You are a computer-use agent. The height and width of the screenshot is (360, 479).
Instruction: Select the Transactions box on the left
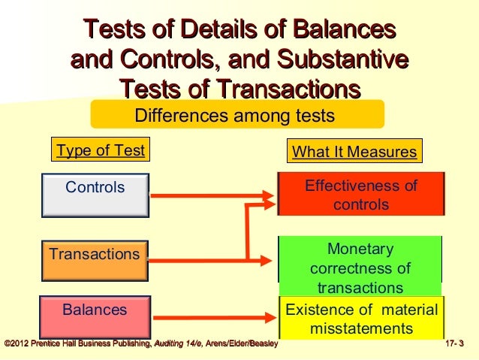95,256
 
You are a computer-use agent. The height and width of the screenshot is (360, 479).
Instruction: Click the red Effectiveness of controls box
360,195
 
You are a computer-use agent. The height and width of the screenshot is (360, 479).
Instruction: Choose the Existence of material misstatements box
360,319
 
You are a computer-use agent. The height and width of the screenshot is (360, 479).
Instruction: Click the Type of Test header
101,150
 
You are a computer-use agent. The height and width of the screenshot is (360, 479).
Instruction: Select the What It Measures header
354,152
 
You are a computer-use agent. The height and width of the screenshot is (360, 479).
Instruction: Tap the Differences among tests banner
236,116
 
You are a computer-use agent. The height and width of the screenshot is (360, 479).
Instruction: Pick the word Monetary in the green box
360,249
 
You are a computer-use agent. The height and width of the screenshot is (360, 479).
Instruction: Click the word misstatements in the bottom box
360,329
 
